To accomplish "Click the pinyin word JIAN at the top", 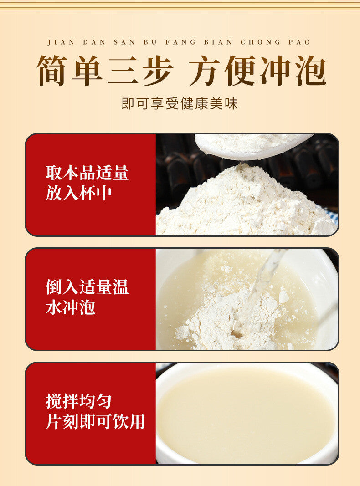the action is click(x=61, y=42).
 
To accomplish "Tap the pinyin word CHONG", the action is click(x=261, y=42).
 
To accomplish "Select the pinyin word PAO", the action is click(x=299, y=42).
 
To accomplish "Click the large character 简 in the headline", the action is click(x=52, y=71).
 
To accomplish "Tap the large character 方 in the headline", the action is click(x=205, y=71).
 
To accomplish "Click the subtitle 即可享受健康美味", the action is click(x=180, y=103).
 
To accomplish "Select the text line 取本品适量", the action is click(x=87, y=173).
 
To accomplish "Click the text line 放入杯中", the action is click(x=78, y=193).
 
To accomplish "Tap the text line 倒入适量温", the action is click(x=87, y=286).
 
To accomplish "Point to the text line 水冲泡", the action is click(x=70, y=307).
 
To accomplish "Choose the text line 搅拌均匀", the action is click(x=78, y=401).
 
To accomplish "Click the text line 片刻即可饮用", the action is click(x=95, y=421).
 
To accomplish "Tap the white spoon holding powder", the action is click(x=251, y=146).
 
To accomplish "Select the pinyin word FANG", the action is click(x=180, y=42).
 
